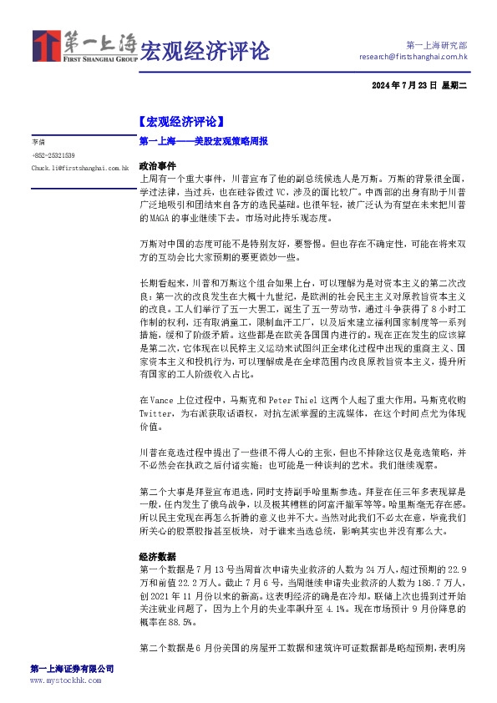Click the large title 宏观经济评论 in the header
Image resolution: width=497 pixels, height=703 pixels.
pyautogui.click(x=205, y=50)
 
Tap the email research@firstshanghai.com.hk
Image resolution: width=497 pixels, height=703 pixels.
pyautogui.click(x=413, y=57)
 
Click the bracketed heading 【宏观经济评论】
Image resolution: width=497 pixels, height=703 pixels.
pyautogui.click(x=180, y=122)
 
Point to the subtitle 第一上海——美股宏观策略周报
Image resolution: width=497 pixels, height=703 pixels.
pyautogui.click(x=203, y=142)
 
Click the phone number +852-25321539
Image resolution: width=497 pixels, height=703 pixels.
pyautogui.click(x=53, y=155)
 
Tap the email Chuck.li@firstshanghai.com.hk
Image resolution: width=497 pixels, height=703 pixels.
pyautogui.click(x=79, y=168)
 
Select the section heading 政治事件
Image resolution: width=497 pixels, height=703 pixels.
pyautogui.click(x=157, y=166)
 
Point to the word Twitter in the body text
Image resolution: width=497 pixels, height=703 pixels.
pyautogui.click(x=159, y=414)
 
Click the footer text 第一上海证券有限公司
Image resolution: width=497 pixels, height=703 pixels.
pyautogui.click(x=71, y=669)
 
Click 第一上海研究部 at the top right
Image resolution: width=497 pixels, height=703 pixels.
pyautogui.click(x=435, y=44)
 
